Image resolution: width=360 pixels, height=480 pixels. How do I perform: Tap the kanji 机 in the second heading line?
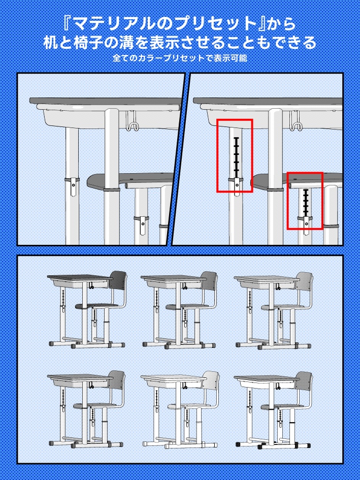coord(51,43)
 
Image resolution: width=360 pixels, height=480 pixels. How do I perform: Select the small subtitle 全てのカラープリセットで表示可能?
coord(180,58)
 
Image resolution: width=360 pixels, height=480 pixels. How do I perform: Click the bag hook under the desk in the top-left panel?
coord(133,120)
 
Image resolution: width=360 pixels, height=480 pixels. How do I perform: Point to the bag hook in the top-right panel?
coord(296,120)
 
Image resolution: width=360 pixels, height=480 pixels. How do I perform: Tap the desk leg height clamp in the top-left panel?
coord(73,186)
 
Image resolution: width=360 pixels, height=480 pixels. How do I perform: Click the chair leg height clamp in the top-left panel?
coord(142,225)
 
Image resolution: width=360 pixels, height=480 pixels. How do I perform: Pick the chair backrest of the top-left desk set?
coord(118,284)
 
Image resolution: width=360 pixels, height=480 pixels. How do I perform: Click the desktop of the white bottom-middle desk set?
coord(174,377)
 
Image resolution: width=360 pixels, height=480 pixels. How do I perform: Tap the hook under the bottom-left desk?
coord(91,385)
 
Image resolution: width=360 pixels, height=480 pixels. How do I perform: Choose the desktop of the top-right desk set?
coord(267,278)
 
